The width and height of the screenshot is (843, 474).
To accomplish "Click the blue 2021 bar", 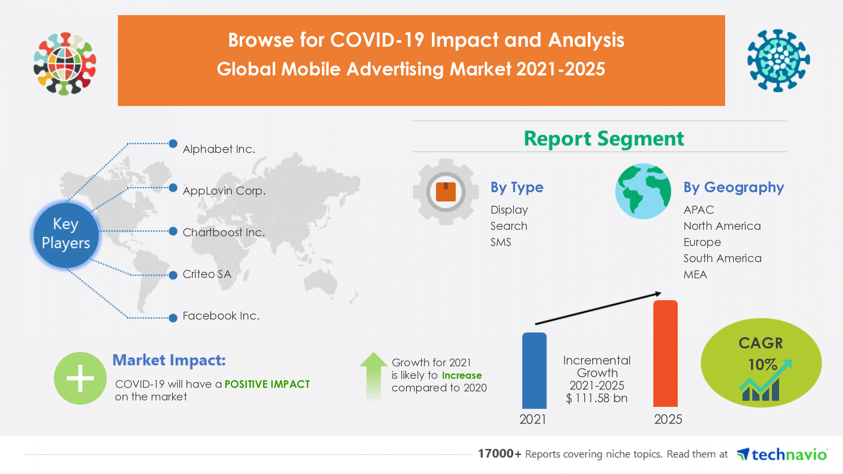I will pos(534,371).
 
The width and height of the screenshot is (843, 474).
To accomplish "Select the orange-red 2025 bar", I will pos(665,354).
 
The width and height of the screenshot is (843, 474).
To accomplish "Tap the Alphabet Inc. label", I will pos(219,149).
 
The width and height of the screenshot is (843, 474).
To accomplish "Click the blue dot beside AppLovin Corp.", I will pos(173,187).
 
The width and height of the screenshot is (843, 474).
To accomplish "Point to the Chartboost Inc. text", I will pos(224,232).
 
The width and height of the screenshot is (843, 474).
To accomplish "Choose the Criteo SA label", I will pos(207,274).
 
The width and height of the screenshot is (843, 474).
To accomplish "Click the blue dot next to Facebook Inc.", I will pos(173,318).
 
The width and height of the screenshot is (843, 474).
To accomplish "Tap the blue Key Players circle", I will pos(66,234).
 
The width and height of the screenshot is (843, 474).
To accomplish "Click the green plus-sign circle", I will pos(80,378).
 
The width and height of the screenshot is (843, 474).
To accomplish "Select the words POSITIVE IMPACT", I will pos(267,384).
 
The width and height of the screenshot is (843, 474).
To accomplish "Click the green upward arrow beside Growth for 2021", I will pos(373,375).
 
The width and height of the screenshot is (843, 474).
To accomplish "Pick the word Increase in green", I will pos(462,375).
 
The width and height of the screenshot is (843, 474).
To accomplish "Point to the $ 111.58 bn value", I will pos(596,398).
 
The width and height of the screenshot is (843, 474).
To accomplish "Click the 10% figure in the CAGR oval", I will pos(762,365).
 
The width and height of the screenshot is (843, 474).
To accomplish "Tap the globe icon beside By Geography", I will pos(643,191).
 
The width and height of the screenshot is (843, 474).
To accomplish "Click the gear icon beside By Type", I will pos(446,192).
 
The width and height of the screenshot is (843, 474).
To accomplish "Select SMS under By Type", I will pos(501,242).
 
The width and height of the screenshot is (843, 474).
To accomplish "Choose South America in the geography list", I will pos(722,258).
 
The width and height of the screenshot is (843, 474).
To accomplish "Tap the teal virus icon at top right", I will pos(778,60).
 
